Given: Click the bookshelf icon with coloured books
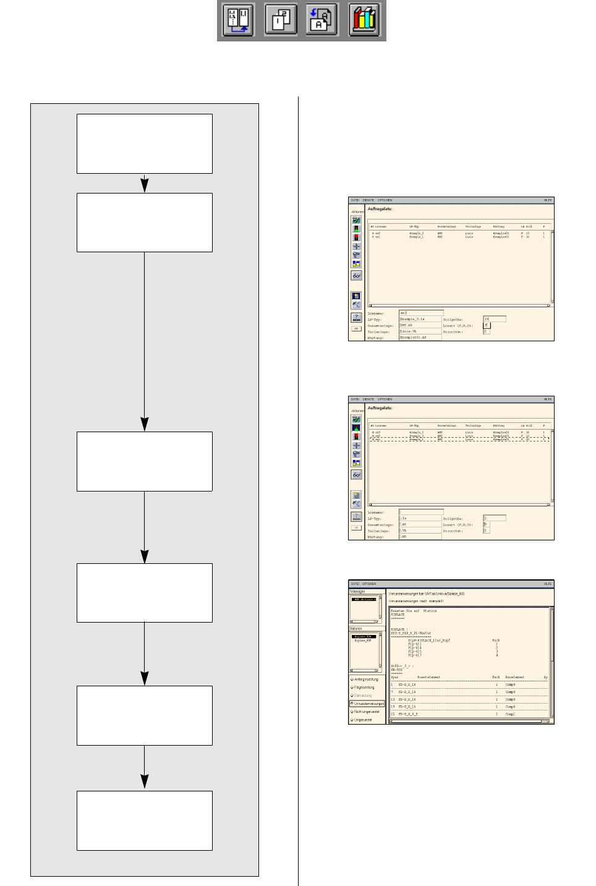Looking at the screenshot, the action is point(364,20).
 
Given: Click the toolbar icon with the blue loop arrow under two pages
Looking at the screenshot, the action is point(239,20).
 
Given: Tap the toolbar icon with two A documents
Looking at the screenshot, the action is point(322,20).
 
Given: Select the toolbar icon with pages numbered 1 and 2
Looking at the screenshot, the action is point(281,20).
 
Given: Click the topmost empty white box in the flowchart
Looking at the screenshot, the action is point(144,143).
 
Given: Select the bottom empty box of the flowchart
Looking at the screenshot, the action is point(144,820).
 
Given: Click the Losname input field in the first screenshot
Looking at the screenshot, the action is point(420,313).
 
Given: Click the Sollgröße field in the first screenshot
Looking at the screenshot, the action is point(495,319).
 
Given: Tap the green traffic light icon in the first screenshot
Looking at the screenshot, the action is point(356,229).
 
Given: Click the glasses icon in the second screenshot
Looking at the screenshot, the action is point(356,475).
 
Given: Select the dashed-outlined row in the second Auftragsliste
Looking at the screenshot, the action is point(458,440).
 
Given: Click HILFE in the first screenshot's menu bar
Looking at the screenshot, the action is point(547,200).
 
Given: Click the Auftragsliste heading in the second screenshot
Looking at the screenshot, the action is point(380,408).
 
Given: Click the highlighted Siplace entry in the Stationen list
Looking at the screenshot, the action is point(363,636).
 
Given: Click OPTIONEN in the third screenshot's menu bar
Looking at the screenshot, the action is point(369,584).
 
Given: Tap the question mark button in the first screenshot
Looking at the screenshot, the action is point(356,317).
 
